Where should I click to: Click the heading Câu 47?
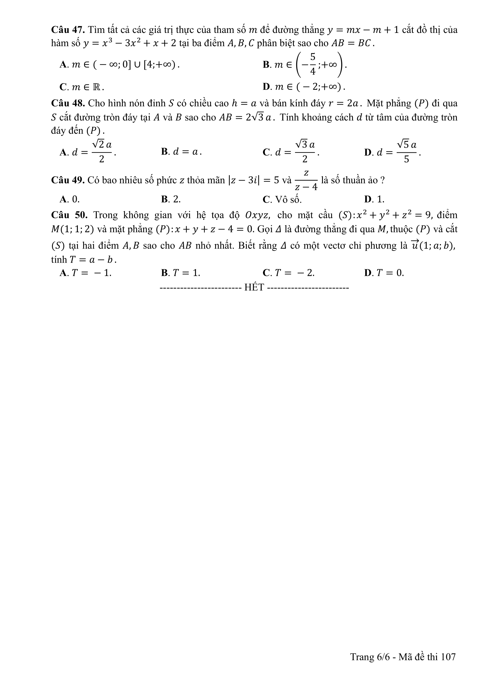coord(68,30)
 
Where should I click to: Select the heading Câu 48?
coord(68,103)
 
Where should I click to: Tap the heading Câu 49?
coord(68,180)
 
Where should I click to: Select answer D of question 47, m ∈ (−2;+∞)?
coord(304,87)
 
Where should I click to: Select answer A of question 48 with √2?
coord(88,152)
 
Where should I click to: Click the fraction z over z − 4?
coord(306,180)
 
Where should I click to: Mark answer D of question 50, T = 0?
coord(384,273)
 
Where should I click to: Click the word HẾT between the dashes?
coord(254,288)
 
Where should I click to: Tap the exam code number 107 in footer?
coord(448,657)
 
